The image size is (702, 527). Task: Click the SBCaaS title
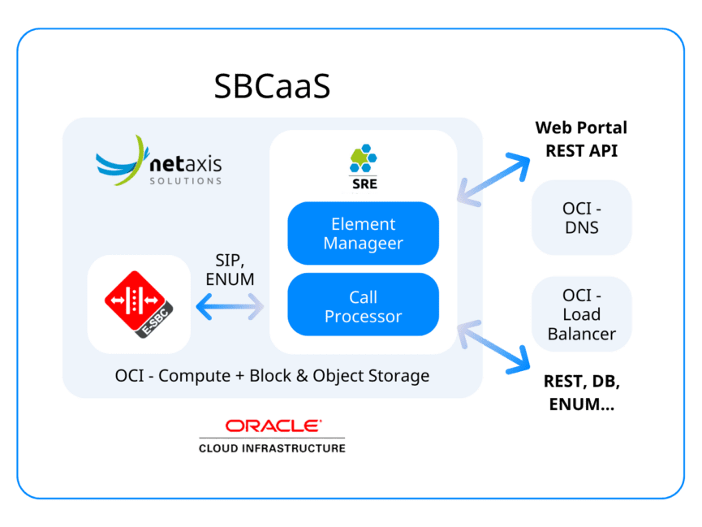click(272, 85)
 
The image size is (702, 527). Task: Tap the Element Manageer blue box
click(363, 233)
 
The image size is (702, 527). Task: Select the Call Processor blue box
click(363, 306)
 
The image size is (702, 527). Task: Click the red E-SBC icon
click(139, 304)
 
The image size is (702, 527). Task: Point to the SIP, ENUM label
click(230, 270)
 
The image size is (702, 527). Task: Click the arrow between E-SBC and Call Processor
click(230, 307)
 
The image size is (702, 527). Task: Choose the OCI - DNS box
click(581, 218)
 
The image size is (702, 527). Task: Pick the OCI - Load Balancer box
click(581, 314)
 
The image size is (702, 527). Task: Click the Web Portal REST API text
click(581, 139)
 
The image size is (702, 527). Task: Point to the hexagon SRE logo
click(364, 158)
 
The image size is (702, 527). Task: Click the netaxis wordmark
click(186, 164)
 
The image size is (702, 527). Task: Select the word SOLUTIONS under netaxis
click(186, 181)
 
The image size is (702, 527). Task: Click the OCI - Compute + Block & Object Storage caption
click(272, 376)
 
